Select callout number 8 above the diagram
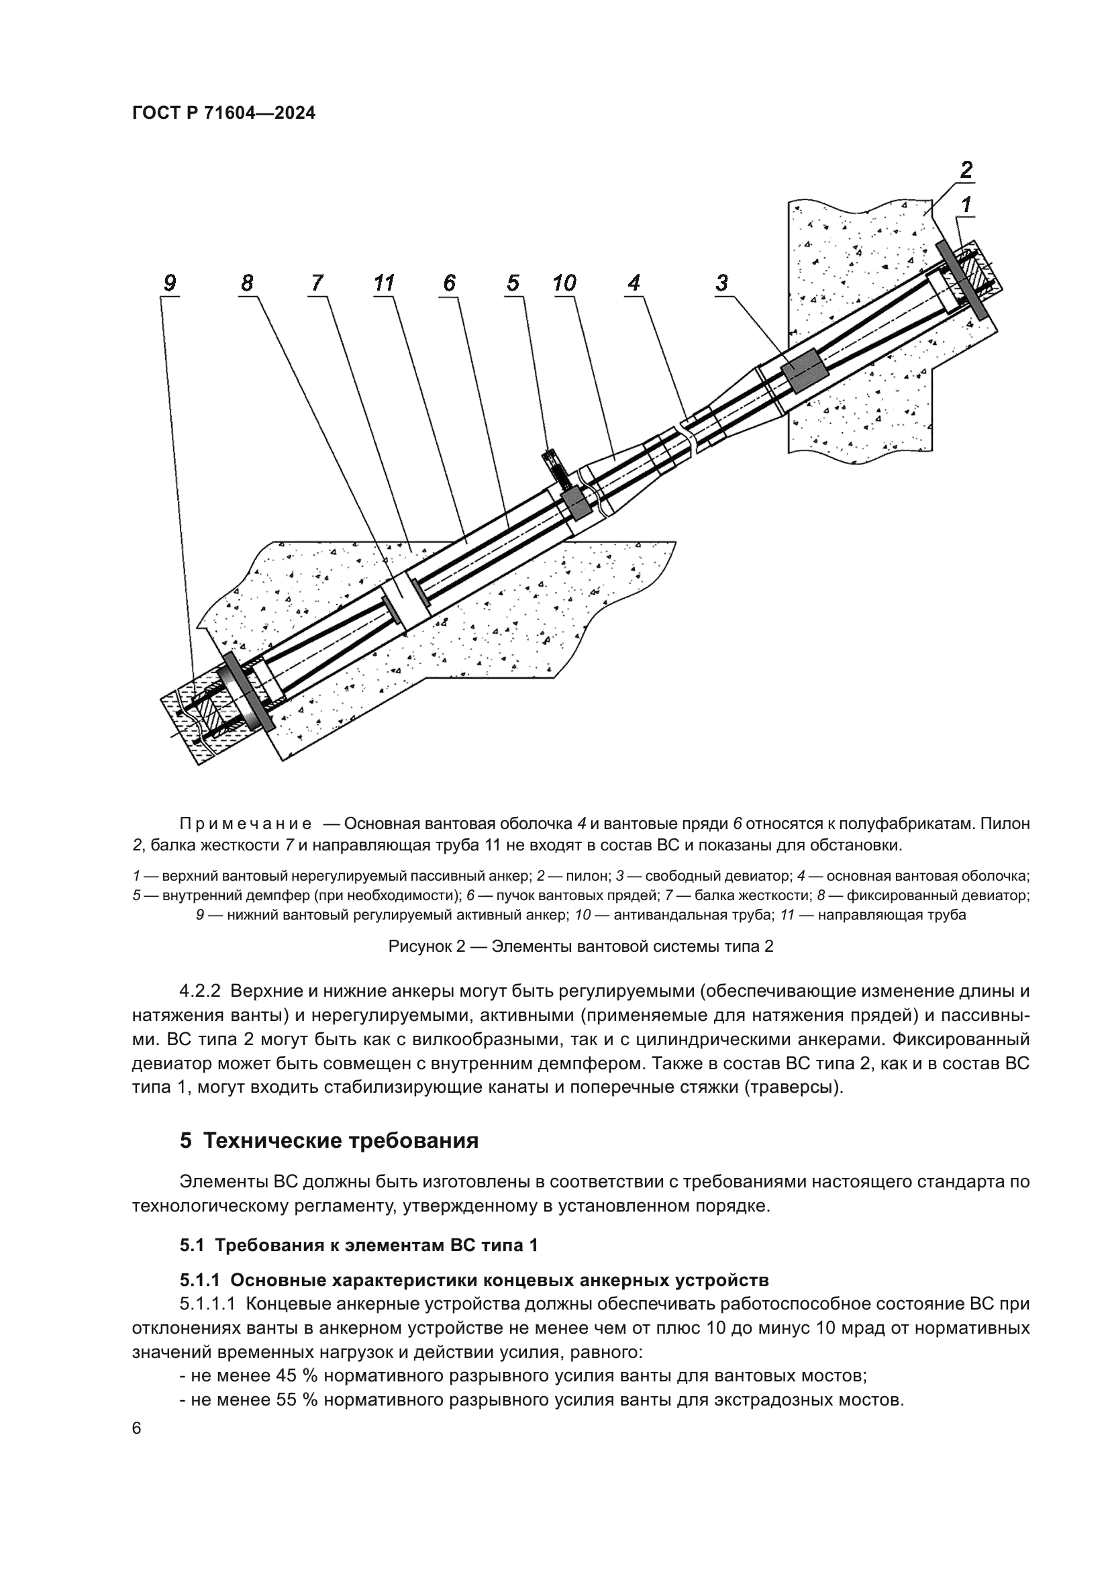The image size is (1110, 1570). click(x=247, y=283)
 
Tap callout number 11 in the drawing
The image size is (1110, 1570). click(x=384, y=283)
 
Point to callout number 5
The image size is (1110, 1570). click(x=513, y=283)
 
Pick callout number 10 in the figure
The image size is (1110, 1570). click(x=564, y=283)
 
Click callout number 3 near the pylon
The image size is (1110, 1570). click(x=722, y=283)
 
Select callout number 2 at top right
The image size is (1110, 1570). click(x=966, y=169)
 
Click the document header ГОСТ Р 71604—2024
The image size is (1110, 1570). click(x=223, y=113)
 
